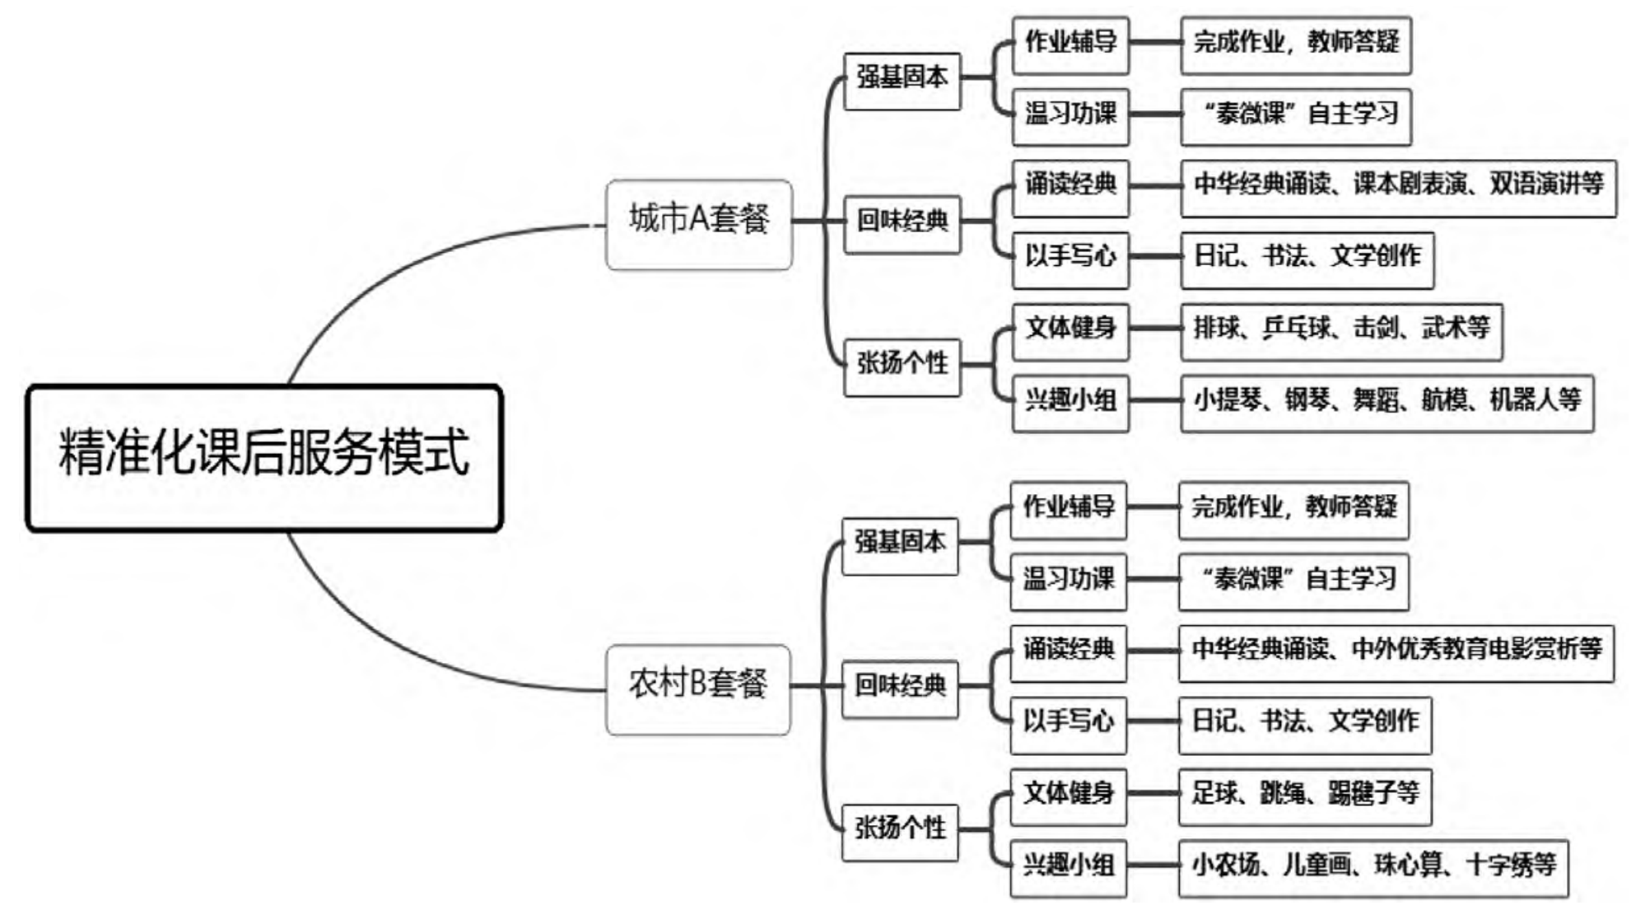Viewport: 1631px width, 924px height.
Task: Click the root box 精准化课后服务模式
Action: [x=263, y=457]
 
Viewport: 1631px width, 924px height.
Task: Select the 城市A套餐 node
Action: [x=698, y=224]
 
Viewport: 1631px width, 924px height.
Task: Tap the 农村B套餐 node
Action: [x=697, y=689]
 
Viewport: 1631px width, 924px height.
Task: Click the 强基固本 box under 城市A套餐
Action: [x=902, y=81]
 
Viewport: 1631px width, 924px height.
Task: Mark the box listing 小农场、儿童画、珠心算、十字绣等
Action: [x=1373, y=868]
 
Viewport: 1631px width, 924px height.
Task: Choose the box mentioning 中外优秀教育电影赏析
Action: [x=1396, y=653]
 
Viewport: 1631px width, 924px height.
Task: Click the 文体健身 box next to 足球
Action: [x=1068, y=796]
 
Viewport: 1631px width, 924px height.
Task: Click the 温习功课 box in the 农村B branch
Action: [x=1068, y=581]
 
